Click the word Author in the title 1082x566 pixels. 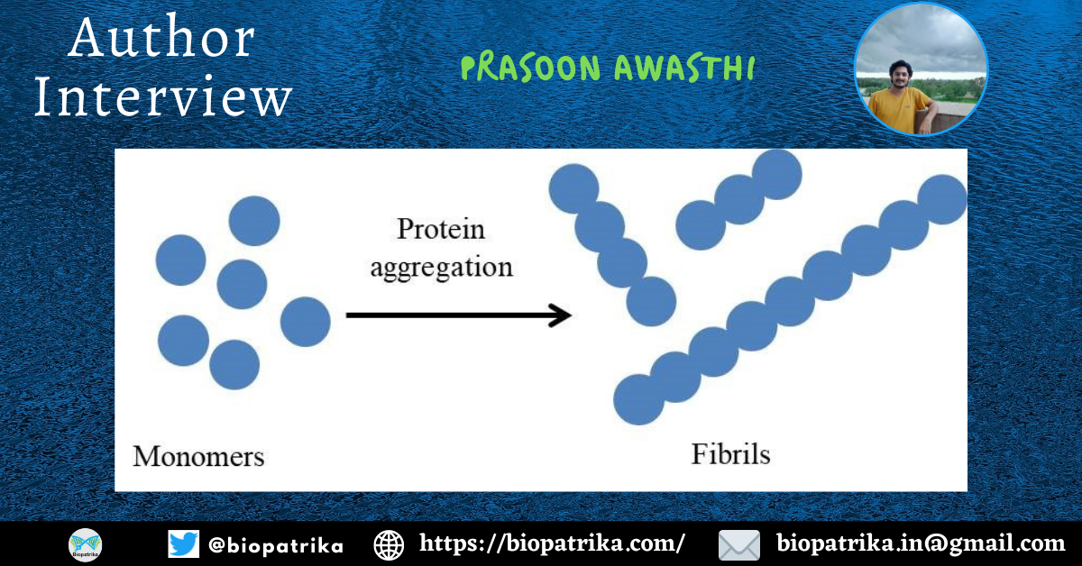tap(161, 38)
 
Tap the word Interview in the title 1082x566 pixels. tap(163, 96)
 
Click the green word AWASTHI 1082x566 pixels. tap(684, 68)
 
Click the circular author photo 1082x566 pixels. tap(921, 69)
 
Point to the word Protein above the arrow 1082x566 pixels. tap(441, 229)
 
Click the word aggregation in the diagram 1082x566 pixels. tap(442, 268)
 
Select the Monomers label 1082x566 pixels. tap(198, 456)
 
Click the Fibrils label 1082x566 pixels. tap(730, 454)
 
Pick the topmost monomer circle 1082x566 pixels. tap(254, 221)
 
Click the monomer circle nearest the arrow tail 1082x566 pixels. tap(306, 322)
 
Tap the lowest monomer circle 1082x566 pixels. tap(234, 365)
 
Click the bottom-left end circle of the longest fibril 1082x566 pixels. tap(638, 400)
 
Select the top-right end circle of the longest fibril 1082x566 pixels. tap(942, 199)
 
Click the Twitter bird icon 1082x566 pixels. tap(184, 544)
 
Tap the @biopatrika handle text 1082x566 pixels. tap(276, 545)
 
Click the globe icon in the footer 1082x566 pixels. tap(389, 545)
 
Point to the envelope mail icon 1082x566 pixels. tap(739, 545)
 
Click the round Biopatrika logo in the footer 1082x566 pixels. tap(85, 545)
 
